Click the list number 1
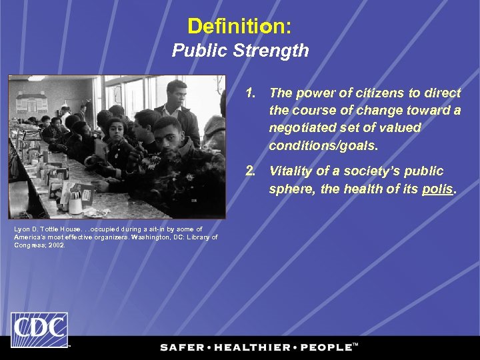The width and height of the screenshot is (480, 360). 250,93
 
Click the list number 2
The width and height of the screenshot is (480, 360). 250,171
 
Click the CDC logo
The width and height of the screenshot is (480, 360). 39,330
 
